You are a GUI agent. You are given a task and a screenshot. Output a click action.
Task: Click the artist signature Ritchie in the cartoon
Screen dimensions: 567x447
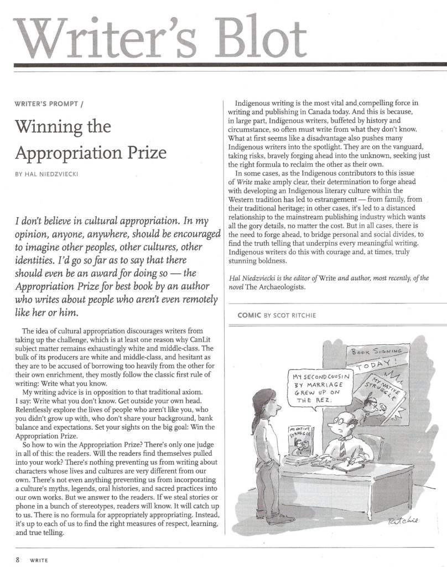pyautogui.click(x=403, y=520)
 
